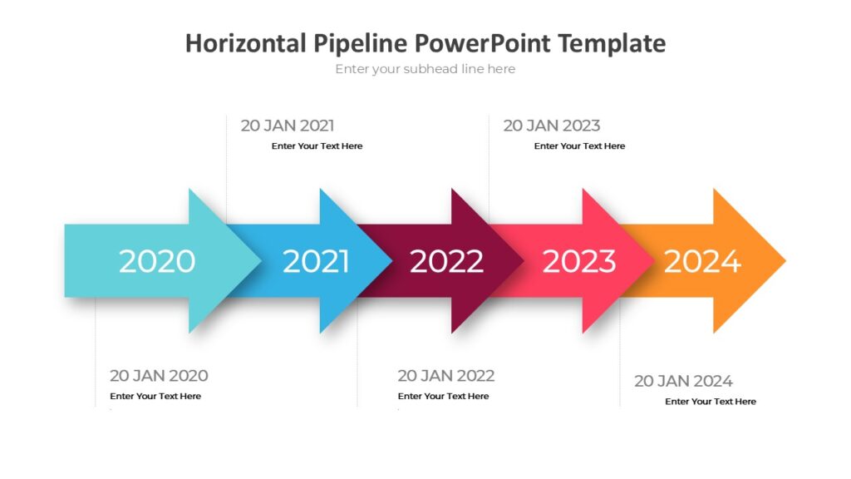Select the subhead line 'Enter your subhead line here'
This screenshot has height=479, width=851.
pyautogui.click(x=425, y=69)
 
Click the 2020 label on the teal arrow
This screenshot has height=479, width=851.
pyautogui.click(x=156, y=261)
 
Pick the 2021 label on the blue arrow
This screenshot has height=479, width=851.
pyautogui.click(x=316, y=261)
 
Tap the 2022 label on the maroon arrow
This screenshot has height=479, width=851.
pyautogui.click(x=446, y=261)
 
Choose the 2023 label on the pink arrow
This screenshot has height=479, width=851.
pyautogui.click(x=579, y=261)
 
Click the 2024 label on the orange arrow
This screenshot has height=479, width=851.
pyautogui.click(x=702, y=261)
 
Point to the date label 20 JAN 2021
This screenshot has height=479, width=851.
pyautogui.click(x=288, y=126)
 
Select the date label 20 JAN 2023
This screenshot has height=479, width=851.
pyautogui.click(x=551, y=126)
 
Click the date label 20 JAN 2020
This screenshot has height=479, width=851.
pyautogui.click(x=159, y=375)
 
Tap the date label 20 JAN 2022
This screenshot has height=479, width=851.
pyautogui.click(x=445, y=375)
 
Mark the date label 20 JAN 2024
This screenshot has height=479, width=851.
pyautogui.click(x=683, y=381)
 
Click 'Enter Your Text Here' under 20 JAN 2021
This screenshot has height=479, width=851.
pyautogui.click(x=317, y=146)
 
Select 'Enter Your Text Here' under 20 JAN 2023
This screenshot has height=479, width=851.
pyautogui.click(x=579, y=146)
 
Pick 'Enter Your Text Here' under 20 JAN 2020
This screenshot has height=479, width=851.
pyautogui.click(x=155, y=397)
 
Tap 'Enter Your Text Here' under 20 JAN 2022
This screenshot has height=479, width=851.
pyautogui.click(x=443, y=397)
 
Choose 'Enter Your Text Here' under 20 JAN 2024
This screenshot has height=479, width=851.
pyautogui.click(x=711, y=402)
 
